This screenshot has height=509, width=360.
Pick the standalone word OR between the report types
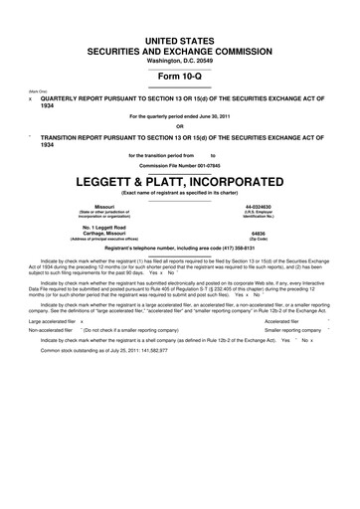pos(180,125)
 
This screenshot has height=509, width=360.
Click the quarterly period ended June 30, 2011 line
pos(180,114)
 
